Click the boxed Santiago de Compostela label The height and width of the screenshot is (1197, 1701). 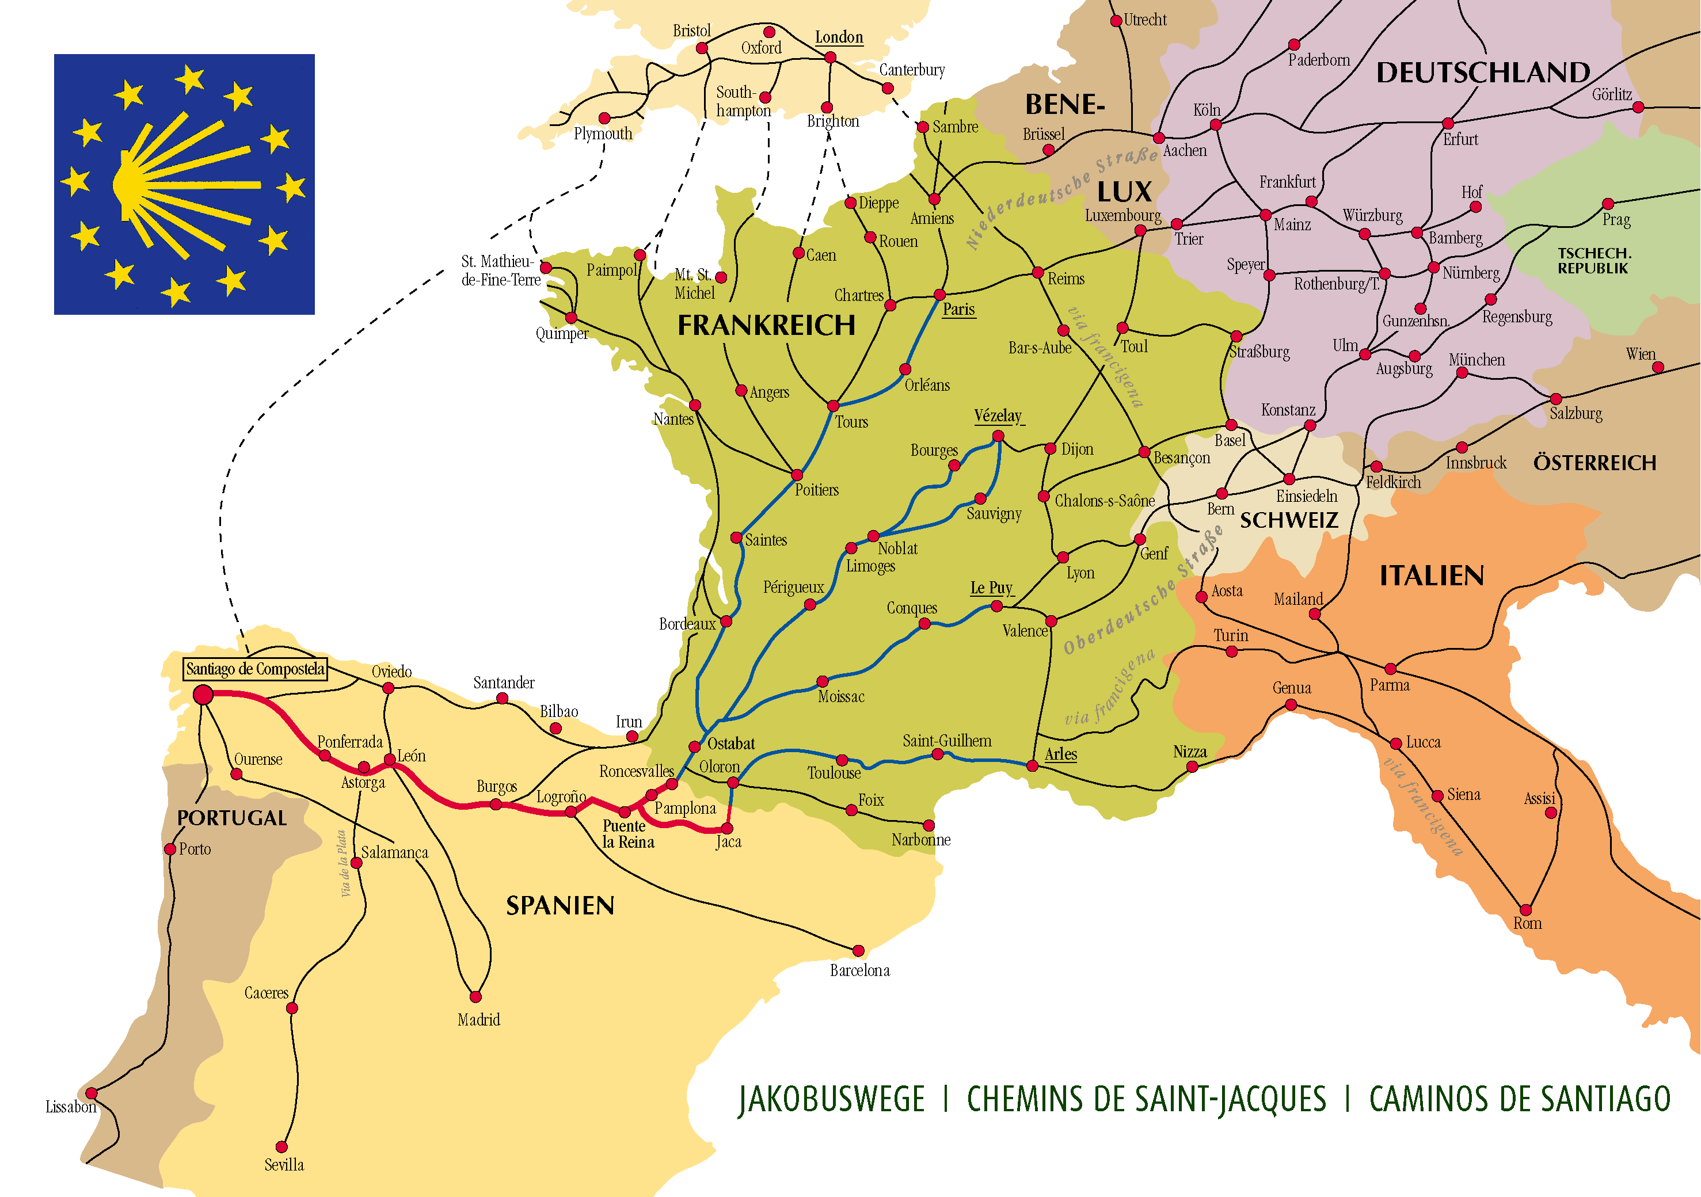(255, 669)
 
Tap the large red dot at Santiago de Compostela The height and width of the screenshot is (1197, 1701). (203, 695)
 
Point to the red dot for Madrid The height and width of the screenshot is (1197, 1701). (475, 997)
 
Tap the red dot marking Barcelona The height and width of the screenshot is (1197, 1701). (858, 950)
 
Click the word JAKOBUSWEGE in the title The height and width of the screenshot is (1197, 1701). (831, 1099)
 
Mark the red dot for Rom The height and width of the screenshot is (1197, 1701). (1525, 910)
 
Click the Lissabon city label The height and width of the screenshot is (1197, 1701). (71, 1107)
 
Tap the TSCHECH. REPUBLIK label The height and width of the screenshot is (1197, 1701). (1593, 261)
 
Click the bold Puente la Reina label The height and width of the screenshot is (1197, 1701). (627, 834)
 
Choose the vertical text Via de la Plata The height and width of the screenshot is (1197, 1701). (343, 864)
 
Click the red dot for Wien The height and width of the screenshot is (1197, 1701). (1658, 367)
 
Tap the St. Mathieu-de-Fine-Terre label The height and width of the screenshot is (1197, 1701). (500, 270)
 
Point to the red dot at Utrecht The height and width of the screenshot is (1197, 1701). (1116, 21)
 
